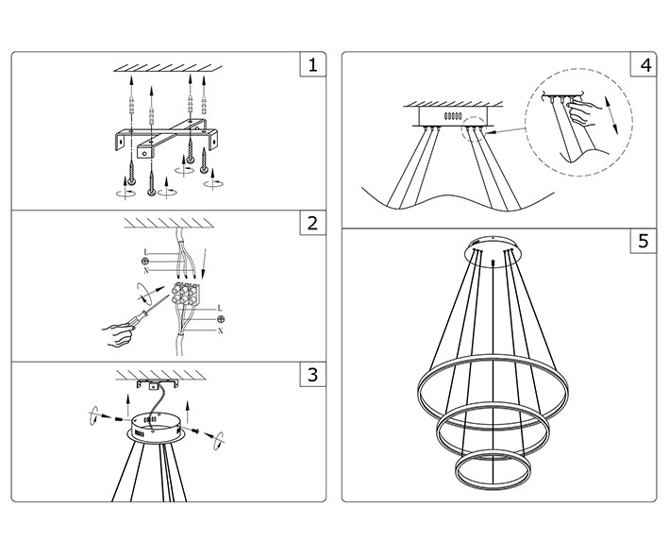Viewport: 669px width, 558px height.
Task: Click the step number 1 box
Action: point(312,65)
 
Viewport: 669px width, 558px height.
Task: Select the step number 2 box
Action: point(312,224)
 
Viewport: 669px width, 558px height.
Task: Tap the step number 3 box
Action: point(312,375)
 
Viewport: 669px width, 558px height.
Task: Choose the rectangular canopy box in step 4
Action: point(450,114)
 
